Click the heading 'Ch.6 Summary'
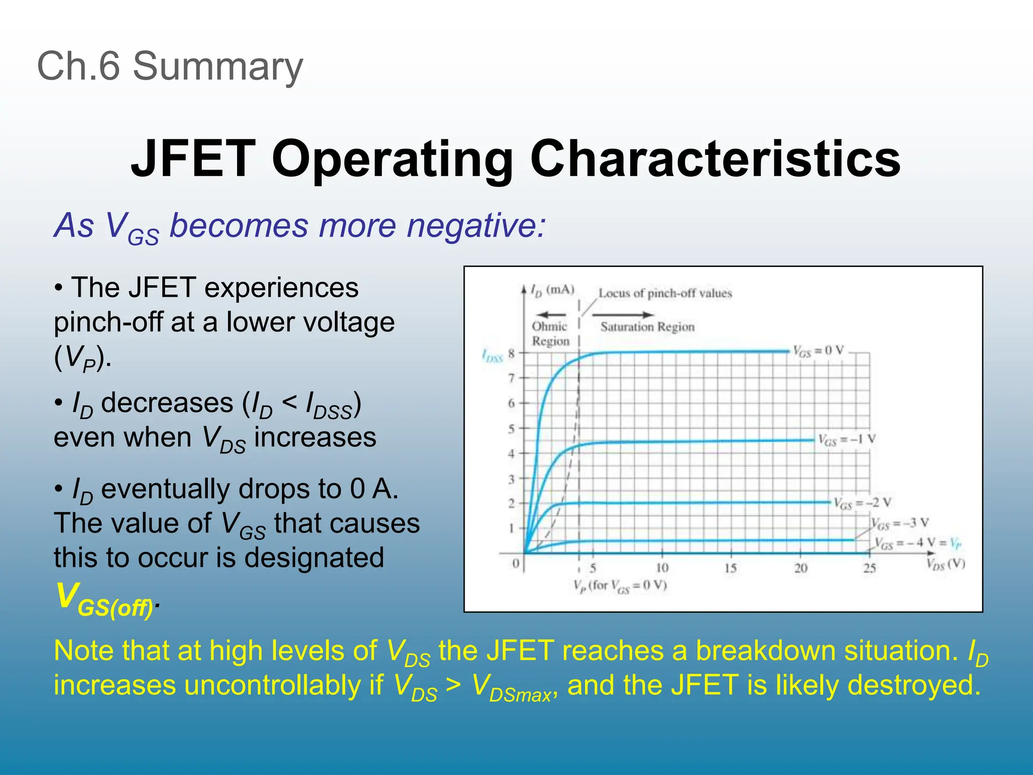pyautogui.click(x=170, y=67)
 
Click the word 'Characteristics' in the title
pyautogui.click(x=715, y=159)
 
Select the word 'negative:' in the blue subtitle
pyautogui.click(x=476, y=226)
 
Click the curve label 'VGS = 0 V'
pyautogui.click(x=818, y=351)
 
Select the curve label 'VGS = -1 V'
pyautogui.click(x=846, y=440)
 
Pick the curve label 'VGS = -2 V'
pyautogui.click(x=862, y=503)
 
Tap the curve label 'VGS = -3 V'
pyautogui.click(x=900, y=523)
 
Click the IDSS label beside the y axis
pyautogui.click(x=492, y=356)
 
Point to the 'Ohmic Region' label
pyautogui.click(x=550, y=334)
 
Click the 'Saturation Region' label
pyautogui.click(x=647, y=327)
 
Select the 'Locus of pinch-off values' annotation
pyautogui.click(x=664, y=293)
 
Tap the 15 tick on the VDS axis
pyautogui.click(x=730, y=568)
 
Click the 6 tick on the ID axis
pyautogui.click(x=511, y=403)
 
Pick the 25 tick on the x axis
pyautogui.click(x=869, y=568)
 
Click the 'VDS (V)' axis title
pyautogui.click(x=945, y=564)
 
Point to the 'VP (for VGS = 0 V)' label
pyautogui.click(x=620, y=586)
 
